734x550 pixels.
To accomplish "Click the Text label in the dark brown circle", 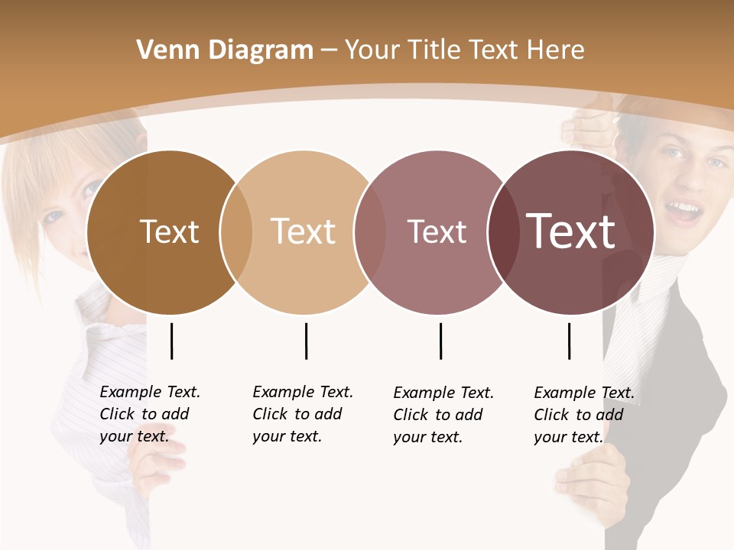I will point(169,231).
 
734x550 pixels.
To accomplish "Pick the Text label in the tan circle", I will point(304,231).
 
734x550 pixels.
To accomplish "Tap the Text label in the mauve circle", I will point(437,231).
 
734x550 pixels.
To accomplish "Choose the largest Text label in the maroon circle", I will point(571,231).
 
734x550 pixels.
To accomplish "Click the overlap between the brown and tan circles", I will point(236,232).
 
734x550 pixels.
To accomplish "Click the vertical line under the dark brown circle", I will point(171,341).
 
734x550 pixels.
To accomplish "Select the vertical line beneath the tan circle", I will point(306,341).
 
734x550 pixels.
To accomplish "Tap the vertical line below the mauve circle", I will point(440,341).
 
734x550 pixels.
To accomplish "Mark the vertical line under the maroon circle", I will point(569,341).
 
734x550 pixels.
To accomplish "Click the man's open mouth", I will point(684,210).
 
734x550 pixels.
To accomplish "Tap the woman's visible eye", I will point(55,215).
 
